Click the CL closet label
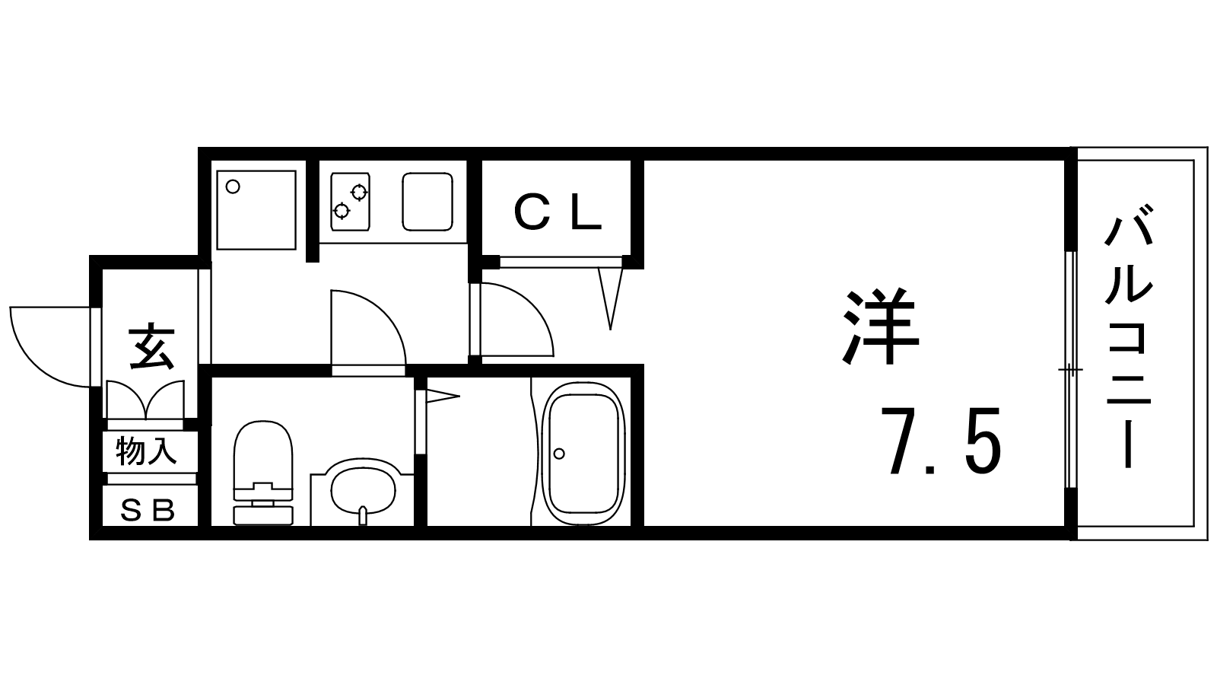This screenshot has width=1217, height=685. click(x=558, y=212)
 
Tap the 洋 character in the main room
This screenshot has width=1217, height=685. click(x=881, y=327)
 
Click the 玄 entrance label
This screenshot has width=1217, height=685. click(x=151, y=348)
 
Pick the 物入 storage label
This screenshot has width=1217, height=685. click(x=146, y=451)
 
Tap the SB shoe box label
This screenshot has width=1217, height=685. click(x=148, y=510)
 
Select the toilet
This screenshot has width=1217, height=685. click(x=263, y=473)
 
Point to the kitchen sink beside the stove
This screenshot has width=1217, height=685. click(x=427, y=202)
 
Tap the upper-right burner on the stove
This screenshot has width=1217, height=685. click(x=359, y=192)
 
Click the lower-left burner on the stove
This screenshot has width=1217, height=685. click(x=342, y=210)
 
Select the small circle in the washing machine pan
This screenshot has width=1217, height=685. click(x=233, y=187)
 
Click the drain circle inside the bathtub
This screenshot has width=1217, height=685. click(x=559, y=454)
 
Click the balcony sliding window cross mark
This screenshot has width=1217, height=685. click(x=1070, y=370)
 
